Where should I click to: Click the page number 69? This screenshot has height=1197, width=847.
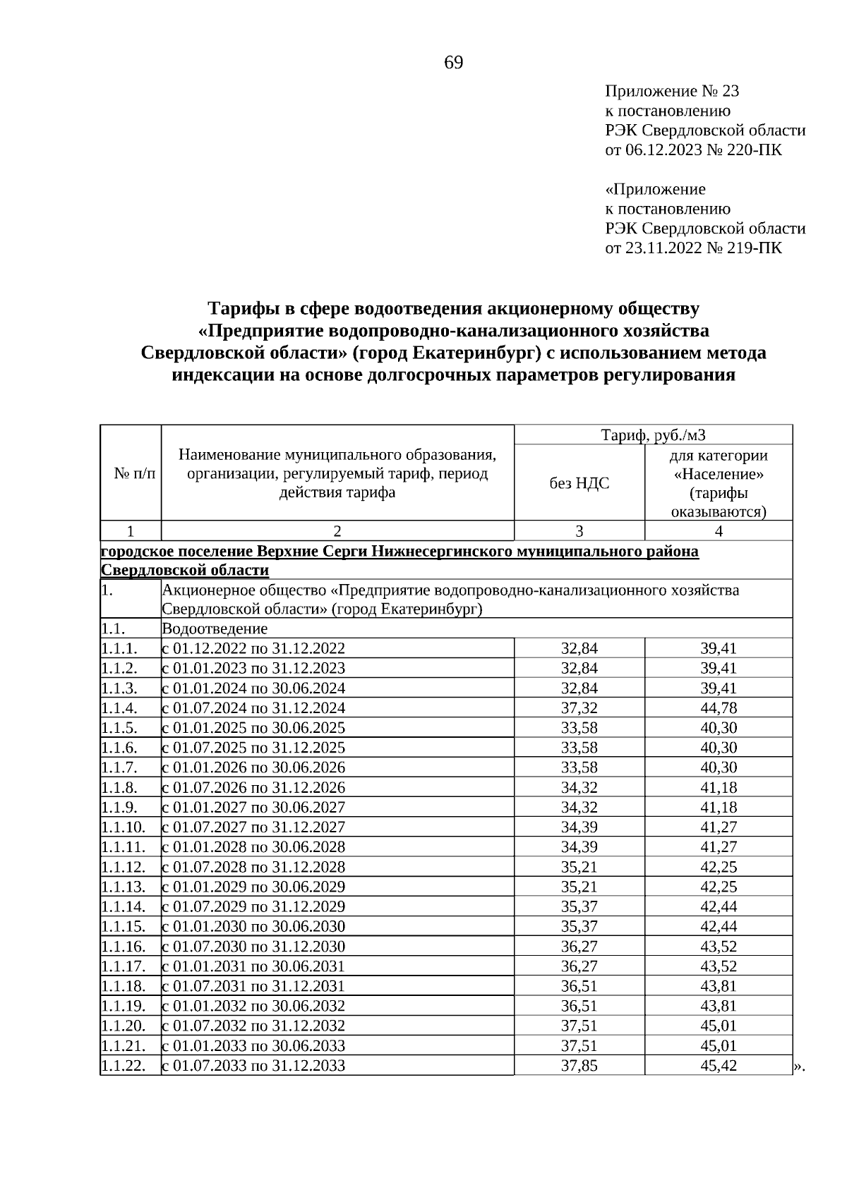coord(453,63)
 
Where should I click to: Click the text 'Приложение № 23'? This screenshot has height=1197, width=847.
coord(672,92)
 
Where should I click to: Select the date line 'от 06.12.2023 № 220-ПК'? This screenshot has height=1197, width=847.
coord(693,150)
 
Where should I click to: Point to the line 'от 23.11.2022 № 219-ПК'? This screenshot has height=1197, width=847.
coord(693,248)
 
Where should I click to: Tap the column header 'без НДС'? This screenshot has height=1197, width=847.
coord(579,483)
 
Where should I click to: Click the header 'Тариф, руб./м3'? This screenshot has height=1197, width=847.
coord(653,435)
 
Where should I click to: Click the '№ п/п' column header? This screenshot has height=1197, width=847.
coord(131,473)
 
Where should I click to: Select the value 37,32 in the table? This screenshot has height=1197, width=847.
coord(579,708)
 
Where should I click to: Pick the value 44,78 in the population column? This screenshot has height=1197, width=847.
coord(718,708)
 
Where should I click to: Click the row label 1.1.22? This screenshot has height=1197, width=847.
coord(124,1066)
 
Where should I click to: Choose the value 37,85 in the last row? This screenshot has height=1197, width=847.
coord(579,1066)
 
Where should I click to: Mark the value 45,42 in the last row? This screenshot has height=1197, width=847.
coord(718,1066)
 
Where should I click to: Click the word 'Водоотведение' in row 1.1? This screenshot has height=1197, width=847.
coord(215,628)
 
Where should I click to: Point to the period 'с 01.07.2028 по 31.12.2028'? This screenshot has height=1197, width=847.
coord(254,867)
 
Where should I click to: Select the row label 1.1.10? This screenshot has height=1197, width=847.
coord(124,827)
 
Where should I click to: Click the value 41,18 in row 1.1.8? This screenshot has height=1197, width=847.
coord(718,788)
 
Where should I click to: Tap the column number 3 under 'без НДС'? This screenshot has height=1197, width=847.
coord(579,531)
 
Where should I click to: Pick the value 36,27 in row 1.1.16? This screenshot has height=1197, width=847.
coord(579,947)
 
